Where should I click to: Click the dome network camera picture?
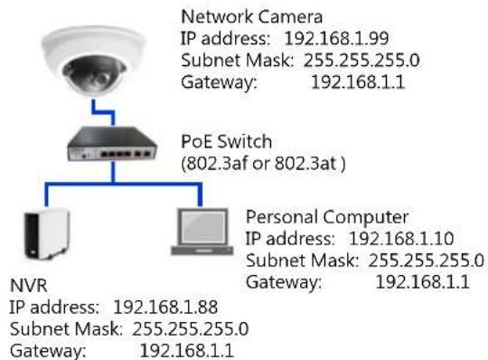93,61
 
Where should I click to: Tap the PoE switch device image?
112,144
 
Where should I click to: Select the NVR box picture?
47,234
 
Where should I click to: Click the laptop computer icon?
202,232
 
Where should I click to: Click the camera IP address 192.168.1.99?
337,39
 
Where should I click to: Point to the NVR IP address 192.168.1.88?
165,308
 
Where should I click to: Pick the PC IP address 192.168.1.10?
401,239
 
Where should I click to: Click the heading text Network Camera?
251,16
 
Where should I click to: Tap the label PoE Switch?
227,142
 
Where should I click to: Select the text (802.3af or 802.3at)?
263,164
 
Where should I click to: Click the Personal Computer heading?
327,217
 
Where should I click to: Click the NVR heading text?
29,286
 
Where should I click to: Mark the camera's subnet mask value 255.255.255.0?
361,61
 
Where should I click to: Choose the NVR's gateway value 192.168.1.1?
187,351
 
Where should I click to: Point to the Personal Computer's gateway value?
423,282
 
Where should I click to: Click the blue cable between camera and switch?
103,111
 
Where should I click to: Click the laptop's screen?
204,226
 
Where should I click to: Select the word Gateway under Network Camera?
219,83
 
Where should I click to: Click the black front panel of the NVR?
32,236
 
